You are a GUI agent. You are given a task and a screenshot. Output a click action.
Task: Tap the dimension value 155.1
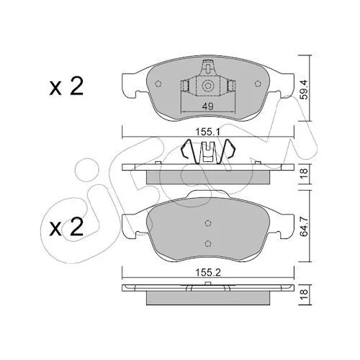point(208,132)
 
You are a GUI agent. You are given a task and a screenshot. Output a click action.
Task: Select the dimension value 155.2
point(208,272)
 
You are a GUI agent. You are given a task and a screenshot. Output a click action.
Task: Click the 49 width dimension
point(208,106)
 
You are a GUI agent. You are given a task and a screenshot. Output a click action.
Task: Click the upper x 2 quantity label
point(66,87)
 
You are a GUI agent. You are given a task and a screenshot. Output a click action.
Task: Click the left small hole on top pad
point(158,84)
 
